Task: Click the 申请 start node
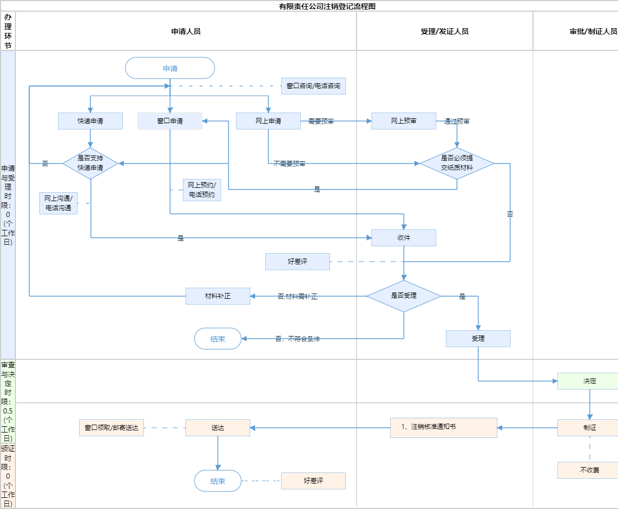click(x=170, y=68)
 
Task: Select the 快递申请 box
click(x=90, y=121)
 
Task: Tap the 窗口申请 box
click(x=170, y=121)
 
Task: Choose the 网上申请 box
click(x=268, y=121)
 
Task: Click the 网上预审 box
click(x=404, y=121)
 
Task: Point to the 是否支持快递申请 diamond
click(x=90, y=163)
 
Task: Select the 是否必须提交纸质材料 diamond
click(x=457, y=163)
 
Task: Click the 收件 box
click(x=404, y=238)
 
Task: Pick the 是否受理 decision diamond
click(x=404, y=296)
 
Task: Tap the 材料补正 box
click(x=218, y=296)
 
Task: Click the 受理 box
click(x=478, y=339)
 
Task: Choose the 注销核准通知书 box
click(x=444, y=428)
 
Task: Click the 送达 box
click(x=218, y=428)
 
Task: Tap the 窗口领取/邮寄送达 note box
click(x=112, y=428)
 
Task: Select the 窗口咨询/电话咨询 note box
click(x=314, y=86)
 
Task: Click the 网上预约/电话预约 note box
click(x=202, y=190)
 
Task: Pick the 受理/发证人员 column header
click(x=444, y=31)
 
